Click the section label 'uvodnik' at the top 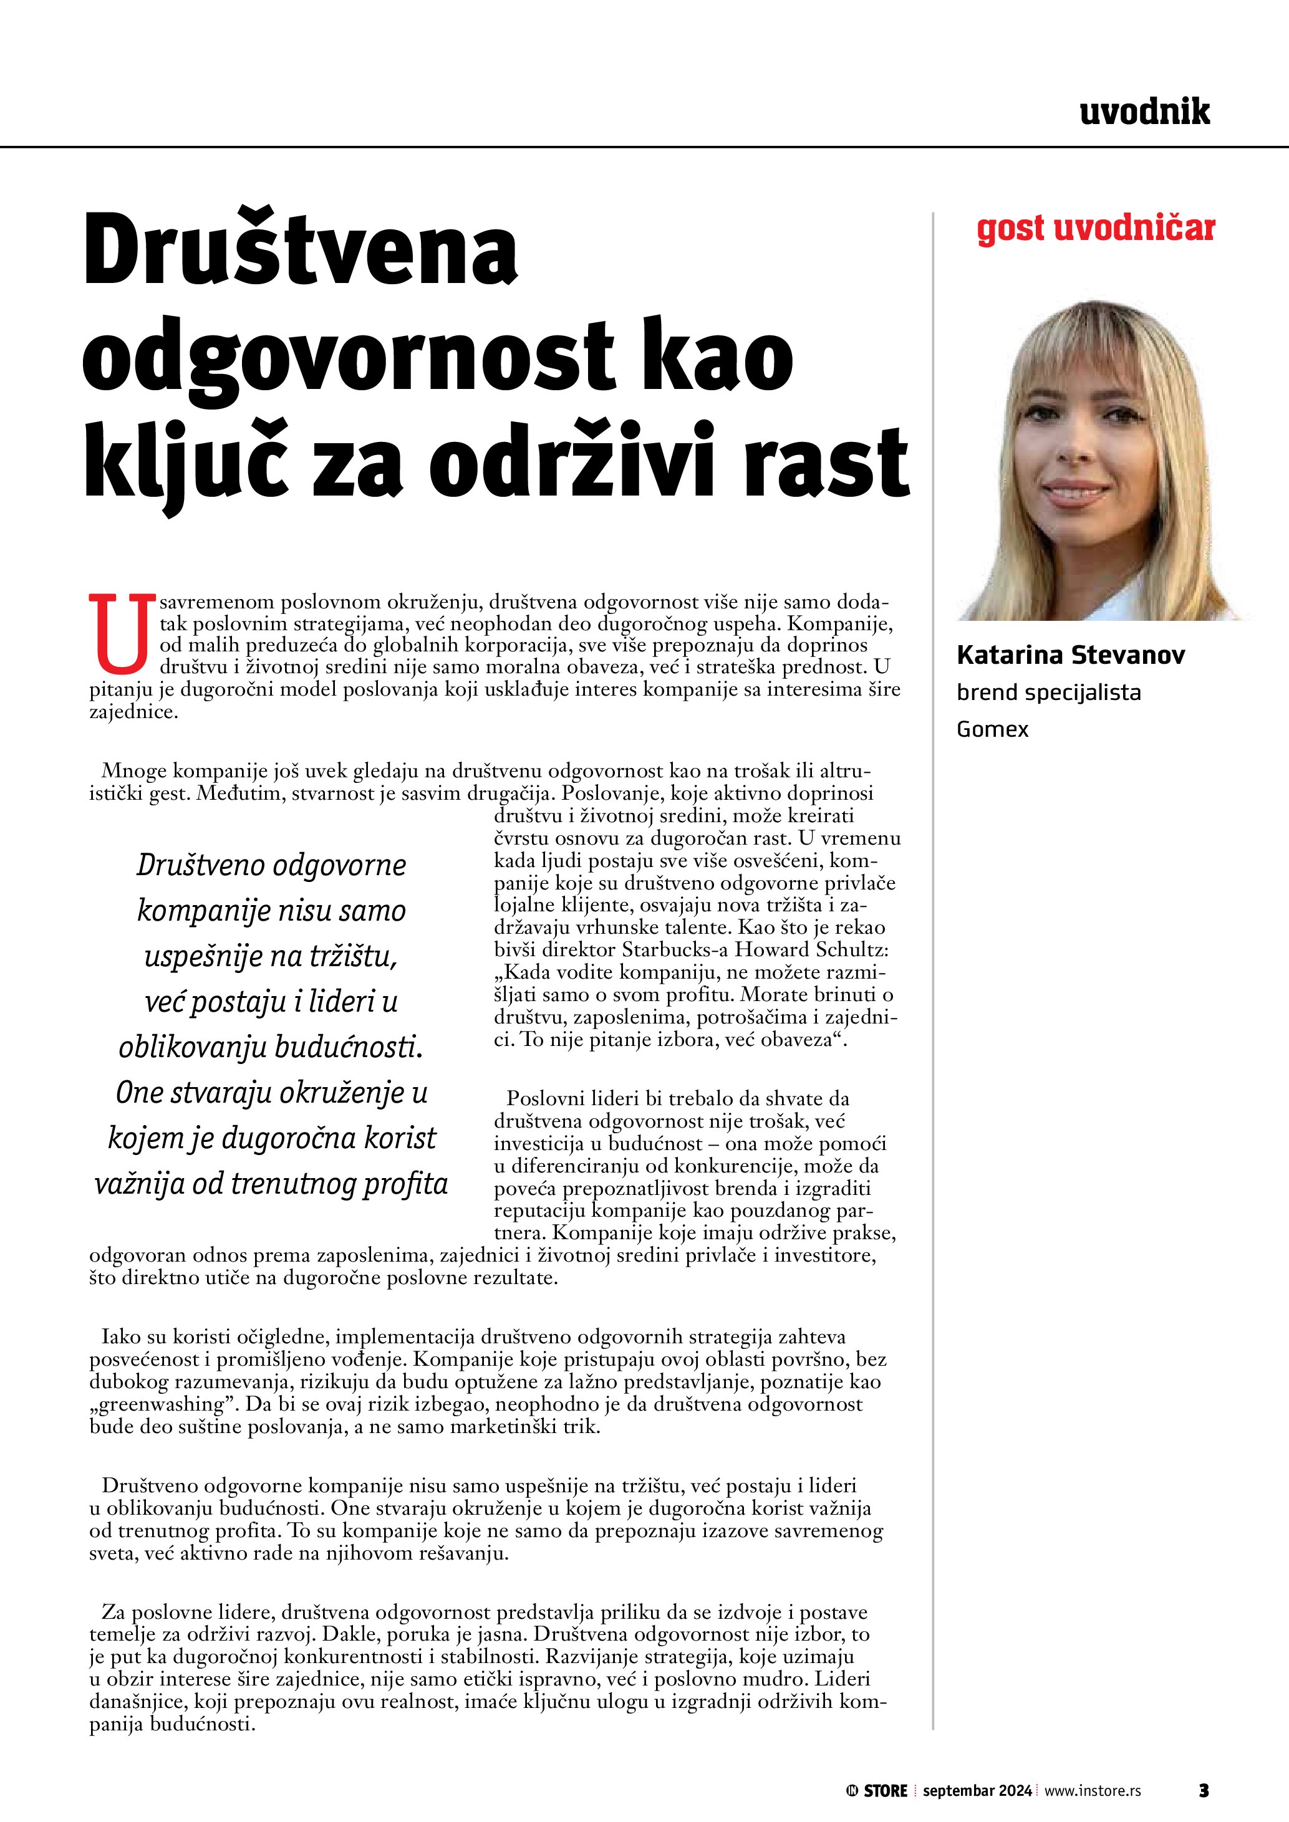(x=1144, y=113)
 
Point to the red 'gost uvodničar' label (x=1095, y=229)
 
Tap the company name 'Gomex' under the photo (x=992, y=729)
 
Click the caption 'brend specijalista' (x=1048, y=693)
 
